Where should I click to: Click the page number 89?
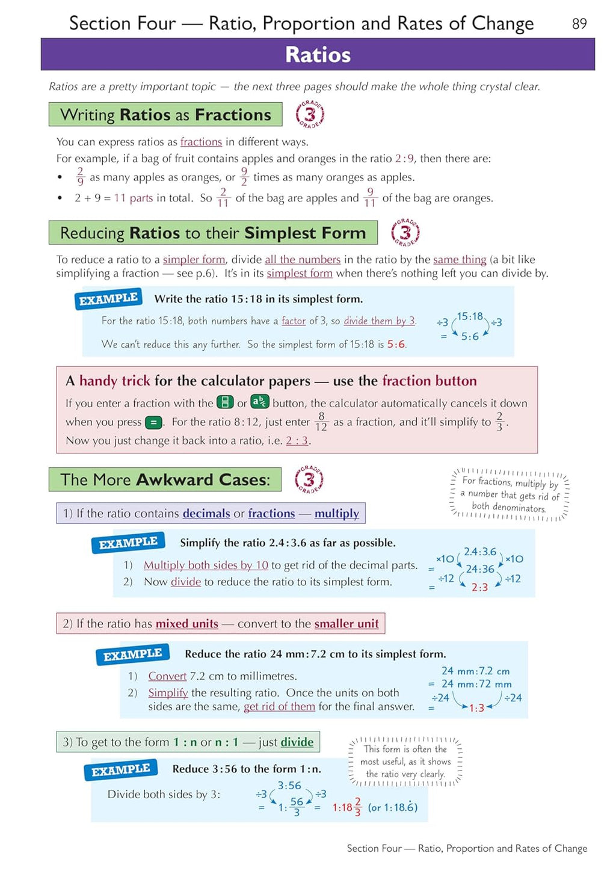(x=579, y=23)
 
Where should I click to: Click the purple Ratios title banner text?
(x=318, y=55)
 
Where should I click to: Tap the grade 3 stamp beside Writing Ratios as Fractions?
(x=310, y=114)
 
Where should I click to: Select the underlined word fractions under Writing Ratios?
(x=201, y=142)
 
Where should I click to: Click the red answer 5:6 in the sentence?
(x=396, y=345)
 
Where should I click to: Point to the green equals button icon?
(x=154, y=422)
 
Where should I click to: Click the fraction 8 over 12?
(x=321, y=422)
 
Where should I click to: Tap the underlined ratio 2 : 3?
(x=297, y=441)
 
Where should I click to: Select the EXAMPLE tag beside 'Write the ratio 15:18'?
(x=108, y=299)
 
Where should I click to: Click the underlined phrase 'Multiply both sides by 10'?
(x=206, y=565)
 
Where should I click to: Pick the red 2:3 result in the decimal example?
(x=479, y=587)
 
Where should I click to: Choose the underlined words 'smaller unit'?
(x=346, y=624)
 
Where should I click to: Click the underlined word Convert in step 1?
(x=167, y=676)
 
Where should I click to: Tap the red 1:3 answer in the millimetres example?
(x=476, y=708)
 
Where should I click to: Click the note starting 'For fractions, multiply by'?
(x=510, y=494)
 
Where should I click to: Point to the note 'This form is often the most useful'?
(x=405, y=762)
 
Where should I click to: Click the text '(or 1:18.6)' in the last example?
(x=392, y=807)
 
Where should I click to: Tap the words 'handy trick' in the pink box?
(x=114, y=381)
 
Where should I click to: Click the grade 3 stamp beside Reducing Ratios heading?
(x=405, y=233)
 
